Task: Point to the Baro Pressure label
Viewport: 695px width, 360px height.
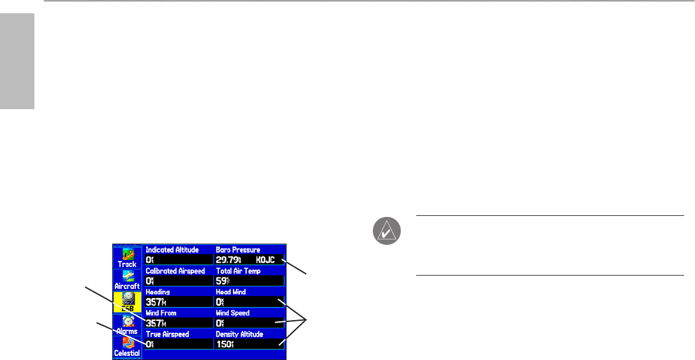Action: (238, 249)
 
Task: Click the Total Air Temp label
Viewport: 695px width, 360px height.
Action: (240, 271)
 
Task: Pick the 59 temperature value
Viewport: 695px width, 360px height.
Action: (221, 281)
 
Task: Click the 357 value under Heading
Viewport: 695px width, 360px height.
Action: (155, 302)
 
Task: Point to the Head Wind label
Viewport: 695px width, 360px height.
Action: (231, 292)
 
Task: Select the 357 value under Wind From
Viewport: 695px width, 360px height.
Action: (155, 323)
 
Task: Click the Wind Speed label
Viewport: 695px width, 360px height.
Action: (233, 313)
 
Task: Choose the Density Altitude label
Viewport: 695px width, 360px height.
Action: (240, 334)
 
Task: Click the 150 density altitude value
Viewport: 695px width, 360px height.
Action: (224, 344)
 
